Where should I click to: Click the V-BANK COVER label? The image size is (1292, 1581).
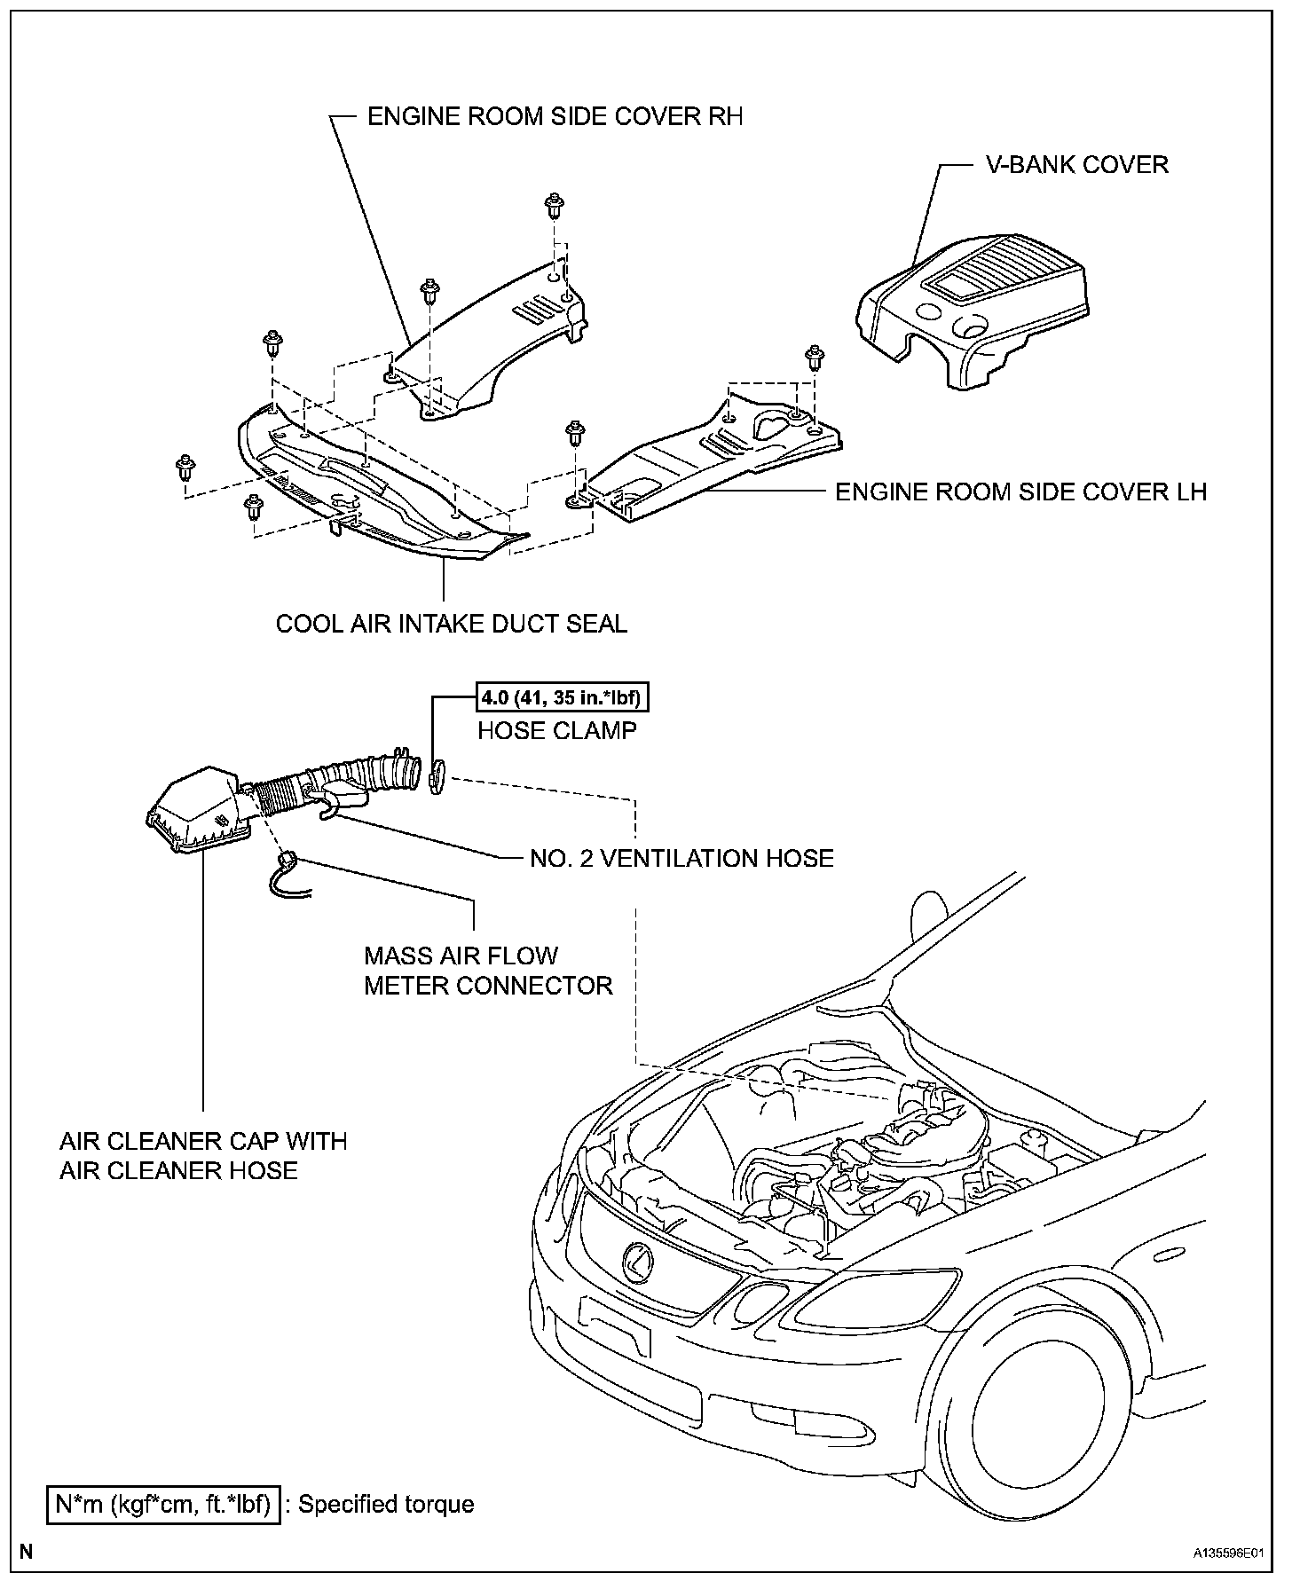click(x=1077, y=165)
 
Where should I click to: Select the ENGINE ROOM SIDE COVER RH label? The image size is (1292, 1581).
click(x=555, y=116)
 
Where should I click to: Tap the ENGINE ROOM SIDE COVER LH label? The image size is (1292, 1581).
click(x=1020, y=492)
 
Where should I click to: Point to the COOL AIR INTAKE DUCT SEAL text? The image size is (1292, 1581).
click(x=451, y=624)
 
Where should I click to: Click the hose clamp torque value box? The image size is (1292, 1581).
click(x=561, y=698)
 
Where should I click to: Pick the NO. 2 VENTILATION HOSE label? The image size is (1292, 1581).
click(x=681, y=858)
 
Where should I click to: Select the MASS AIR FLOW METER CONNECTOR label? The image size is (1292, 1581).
click(x=488, y=971)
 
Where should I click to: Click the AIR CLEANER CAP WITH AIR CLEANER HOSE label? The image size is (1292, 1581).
click(x=203, y=1155)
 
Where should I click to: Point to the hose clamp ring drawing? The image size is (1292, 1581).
click(x=436, y=776)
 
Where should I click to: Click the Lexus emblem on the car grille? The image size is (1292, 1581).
click(x=638, y=1260)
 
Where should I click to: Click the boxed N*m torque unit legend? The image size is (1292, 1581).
click(x=164, y=1504)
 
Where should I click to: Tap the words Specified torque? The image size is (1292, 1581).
click(x=386, y=1504)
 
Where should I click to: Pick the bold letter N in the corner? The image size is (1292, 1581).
click(x=27, y=1552)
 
